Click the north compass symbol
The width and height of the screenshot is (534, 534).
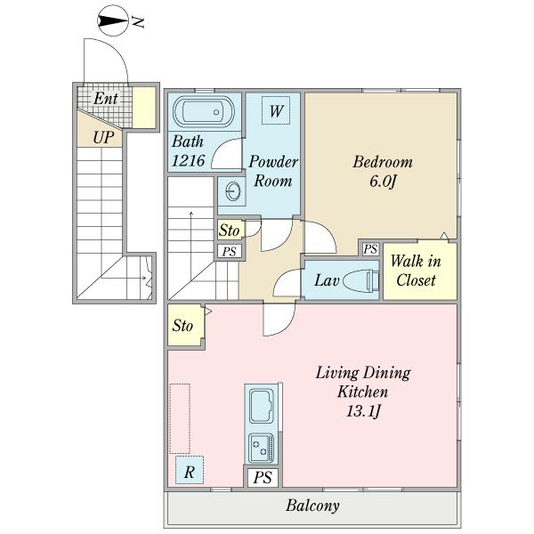[x=113, y=21]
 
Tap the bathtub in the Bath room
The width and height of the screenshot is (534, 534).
[x=204, y=111]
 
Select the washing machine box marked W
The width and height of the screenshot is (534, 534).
[x=276, y=110]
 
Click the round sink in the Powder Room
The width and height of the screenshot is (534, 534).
[x=233, y=191]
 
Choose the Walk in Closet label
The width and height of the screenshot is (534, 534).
[x=416, y=271]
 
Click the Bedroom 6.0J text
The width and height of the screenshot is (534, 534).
[x=383, y=171]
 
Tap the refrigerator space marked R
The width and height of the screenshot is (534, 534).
[x=190, y=470]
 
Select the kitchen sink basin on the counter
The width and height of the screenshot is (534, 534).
[x=262, y=407]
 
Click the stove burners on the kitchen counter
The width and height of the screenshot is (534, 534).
[x=261, y=448]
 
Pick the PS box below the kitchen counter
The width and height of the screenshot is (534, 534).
[x=263, y=477]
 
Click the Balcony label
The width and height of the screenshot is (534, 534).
[x=312, y=506]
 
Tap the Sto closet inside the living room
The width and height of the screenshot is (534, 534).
[x=185, y=325]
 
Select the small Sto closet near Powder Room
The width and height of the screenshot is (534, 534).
[x=230, y=231]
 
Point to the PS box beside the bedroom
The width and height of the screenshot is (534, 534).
[x=370, y=249]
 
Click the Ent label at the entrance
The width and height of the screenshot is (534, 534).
[x=106, y=99]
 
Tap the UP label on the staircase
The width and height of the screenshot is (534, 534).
[x=103, y=138]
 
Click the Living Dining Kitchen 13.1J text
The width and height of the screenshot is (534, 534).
[x=363, y=392]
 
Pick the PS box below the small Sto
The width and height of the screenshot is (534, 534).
[x=230, y=251]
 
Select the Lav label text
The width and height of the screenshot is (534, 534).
[x=327, y=280]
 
